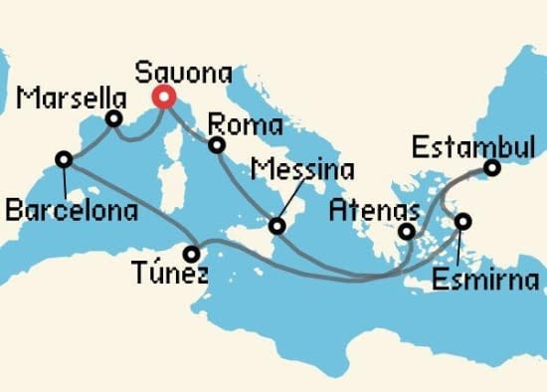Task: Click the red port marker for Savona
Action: coord(162,97)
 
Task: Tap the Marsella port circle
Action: coord(114,119)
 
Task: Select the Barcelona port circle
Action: coord(64,158)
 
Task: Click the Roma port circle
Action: coord(216,146)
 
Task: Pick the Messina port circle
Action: coord(277,227)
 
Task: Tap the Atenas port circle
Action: coord(406,233)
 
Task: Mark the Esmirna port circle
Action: coord(462,221)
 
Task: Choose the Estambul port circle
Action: coord(493,168)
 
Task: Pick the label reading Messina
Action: coord(302,169)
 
